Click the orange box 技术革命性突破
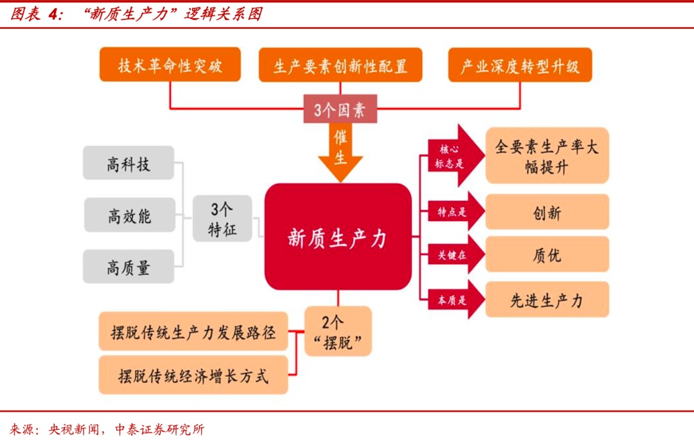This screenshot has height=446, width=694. coord(170,65)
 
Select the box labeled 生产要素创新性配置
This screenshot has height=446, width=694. coord(340,66)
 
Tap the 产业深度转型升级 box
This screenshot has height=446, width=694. coord(519,66)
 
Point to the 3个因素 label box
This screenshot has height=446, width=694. coord(340,110)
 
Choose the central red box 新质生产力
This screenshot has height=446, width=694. coord(338,236)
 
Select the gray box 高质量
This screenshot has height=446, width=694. coord(129,267)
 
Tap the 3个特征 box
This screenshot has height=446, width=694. coord(222,219)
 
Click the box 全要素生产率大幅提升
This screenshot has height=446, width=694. coord(547,156)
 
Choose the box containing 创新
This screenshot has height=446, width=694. coord(547,212)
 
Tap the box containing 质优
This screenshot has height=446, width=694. coord(547,254)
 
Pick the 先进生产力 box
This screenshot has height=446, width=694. coord(547,299)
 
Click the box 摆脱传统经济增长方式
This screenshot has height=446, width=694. coord(193,375)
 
